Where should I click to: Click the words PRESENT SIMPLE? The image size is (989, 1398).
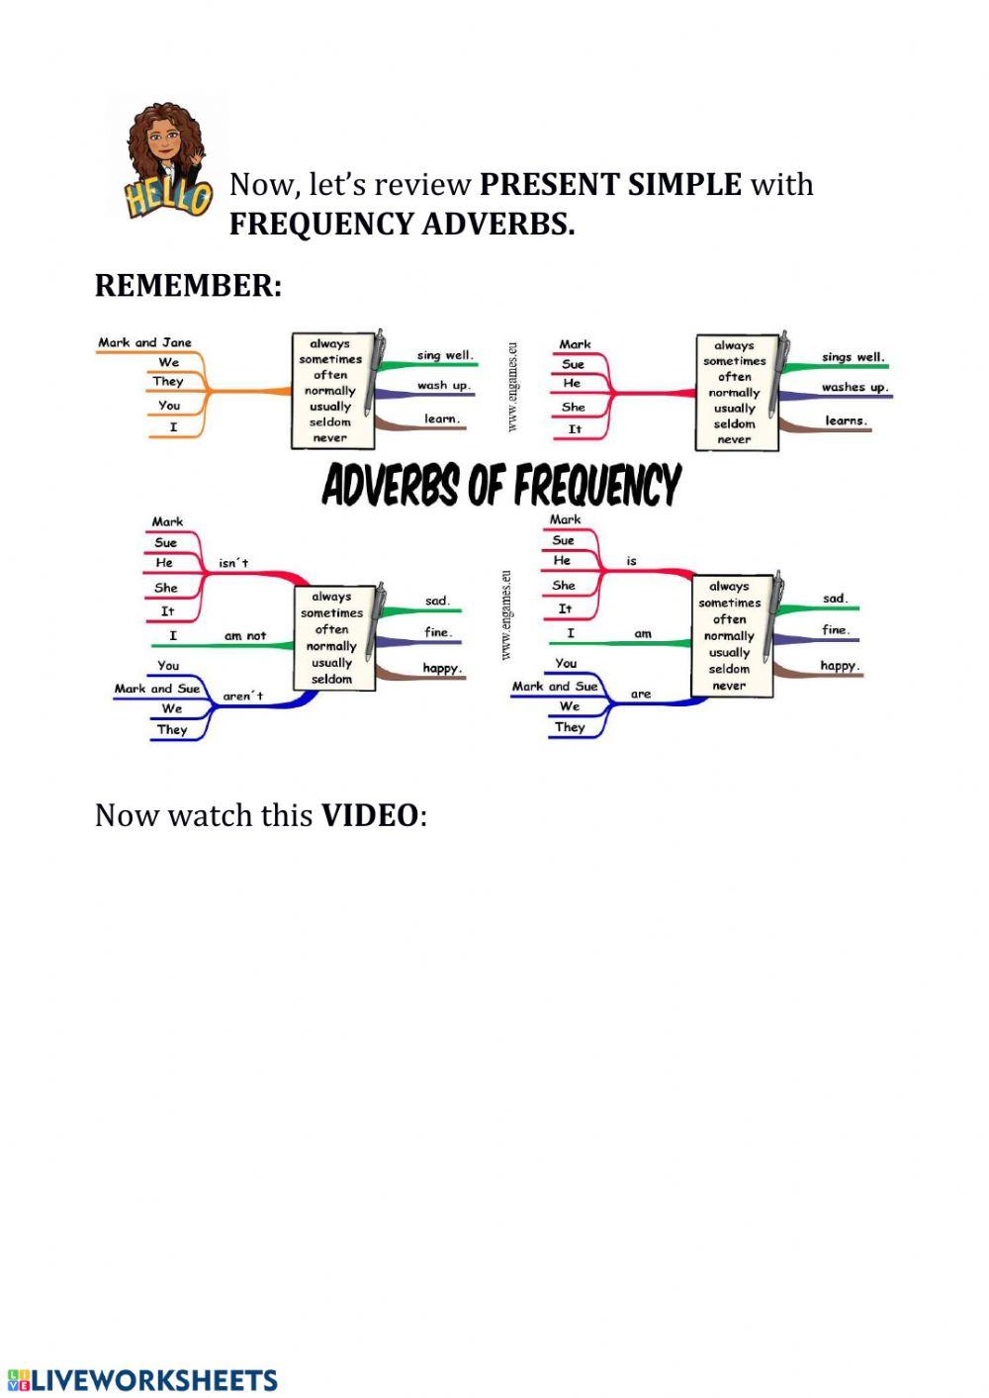pyautogui.click(x=609, y=184)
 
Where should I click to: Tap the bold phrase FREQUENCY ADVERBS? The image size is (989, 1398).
pyautogui.click(x=402, y=225)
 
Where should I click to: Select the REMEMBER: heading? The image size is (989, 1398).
pyautogui.click(x=188, y=286)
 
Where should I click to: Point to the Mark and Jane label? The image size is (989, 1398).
pyautogui.click(x=144, y=342)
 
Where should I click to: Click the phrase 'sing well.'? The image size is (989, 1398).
pyautogui.click(x=444, y=355)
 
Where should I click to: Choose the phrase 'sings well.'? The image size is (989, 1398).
pyautogui.click(x=852, y=357)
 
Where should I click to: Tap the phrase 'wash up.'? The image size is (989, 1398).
pyautogui.click(x=443, y=386)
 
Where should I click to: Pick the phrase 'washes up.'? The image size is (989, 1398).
pyautogui.click(x=854, y=388)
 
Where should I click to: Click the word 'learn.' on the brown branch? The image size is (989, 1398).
pyautogui.click(x=441, y=419)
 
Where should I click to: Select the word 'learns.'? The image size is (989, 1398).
pyautogui.click(x=846, y=420)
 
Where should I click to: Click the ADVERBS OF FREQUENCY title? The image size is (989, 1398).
pyautogui.click(x=501, y=486)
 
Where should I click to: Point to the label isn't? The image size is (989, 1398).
pyautogui.click(x=233, y=563)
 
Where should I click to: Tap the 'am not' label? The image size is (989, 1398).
pyautogui.click(x=244, y=635)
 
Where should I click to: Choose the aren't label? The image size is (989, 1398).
pyautogui.click(x=242, y=697)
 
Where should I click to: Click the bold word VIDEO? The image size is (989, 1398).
pyautogui.click(x=370, y=815)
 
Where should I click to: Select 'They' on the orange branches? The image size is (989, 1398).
pyautogui.click(x=168, y=381)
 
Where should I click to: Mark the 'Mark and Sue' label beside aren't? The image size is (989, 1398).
pyautogui.click(x=156, y=689)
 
